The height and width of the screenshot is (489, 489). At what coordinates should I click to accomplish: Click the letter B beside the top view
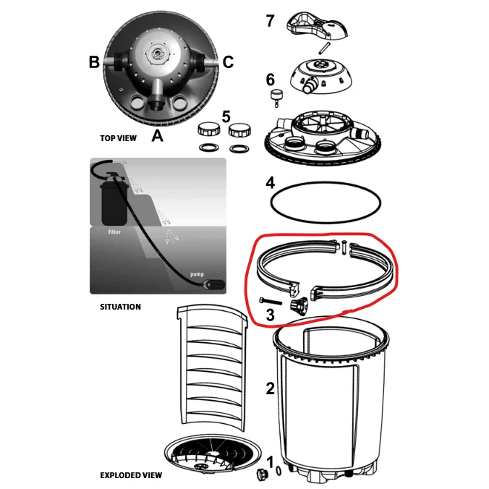[x=94, y=61]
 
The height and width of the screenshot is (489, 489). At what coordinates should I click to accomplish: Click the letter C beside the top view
[x=228, y=61]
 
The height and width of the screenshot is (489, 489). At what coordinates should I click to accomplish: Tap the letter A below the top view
[x=157, y=136]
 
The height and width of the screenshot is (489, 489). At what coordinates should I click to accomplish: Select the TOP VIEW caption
[x=118, y=138]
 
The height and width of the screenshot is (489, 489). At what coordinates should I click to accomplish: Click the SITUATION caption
[x=120, y=307]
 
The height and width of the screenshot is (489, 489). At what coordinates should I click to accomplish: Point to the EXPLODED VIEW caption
[x=131, y=475]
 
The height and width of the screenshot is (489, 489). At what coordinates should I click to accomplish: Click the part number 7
[x=270, y=21]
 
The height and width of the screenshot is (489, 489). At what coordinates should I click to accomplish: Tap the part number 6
[x=270, y=80]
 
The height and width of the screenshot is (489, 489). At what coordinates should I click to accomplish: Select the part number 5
[x=226, y=117]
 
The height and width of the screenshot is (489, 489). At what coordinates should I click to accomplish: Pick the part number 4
[x=270, y=183]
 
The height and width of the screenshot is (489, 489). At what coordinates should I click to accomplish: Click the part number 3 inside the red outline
[x=270, y=315]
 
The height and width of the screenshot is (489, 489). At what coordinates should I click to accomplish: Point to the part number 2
[x=270, y=388]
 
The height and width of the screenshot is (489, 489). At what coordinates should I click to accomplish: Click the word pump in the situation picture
[x=197, y=274]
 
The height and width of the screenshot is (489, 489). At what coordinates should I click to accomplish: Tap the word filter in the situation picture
[x=114, y=231]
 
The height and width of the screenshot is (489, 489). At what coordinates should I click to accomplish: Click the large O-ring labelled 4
[x=326, y=203]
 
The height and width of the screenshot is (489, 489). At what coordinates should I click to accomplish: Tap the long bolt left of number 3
[x=271, y=301]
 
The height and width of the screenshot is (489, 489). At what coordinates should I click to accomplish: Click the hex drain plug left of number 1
[x=262, y=474]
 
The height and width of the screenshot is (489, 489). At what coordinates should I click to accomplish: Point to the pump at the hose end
[x=213, y=285]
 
